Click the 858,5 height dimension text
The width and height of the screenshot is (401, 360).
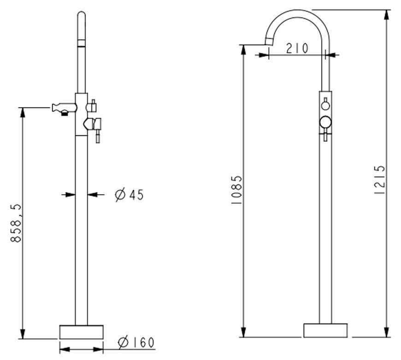pos(16,223)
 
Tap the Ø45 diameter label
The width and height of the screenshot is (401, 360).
pos(130,195)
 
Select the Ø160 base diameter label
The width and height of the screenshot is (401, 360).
pos(136,343)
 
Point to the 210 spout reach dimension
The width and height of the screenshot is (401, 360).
pos(297,48)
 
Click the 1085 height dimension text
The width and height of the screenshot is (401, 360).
pos(236,189)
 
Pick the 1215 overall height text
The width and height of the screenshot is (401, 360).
pos(379,180)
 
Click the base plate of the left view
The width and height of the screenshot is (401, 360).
pos(81,332)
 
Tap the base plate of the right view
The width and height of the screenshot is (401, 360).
pos(325,331)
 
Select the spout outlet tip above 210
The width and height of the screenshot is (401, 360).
pos(269,41)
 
